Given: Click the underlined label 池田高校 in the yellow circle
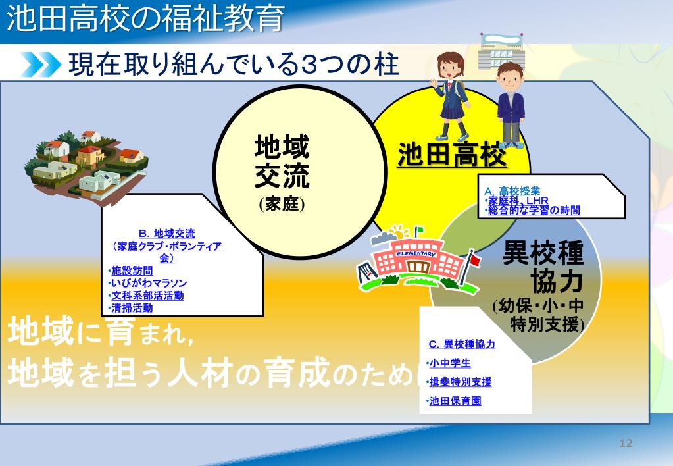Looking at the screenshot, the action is pos(452,155).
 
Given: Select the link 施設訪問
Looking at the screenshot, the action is pos(132,271).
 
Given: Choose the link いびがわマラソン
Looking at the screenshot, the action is pos(149,283).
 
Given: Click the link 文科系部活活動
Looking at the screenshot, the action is pos(147,296).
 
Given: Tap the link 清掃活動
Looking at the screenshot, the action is pos(132,307).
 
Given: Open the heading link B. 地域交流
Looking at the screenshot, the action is pos(167,233).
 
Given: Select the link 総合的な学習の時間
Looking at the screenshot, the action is pos(534,210).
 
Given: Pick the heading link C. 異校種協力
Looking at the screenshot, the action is pos(462,344).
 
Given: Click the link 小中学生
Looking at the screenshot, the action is pos(450,363).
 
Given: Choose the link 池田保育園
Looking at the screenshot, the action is pos(455,400).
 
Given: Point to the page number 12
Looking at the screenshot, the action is pos(626,443).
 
